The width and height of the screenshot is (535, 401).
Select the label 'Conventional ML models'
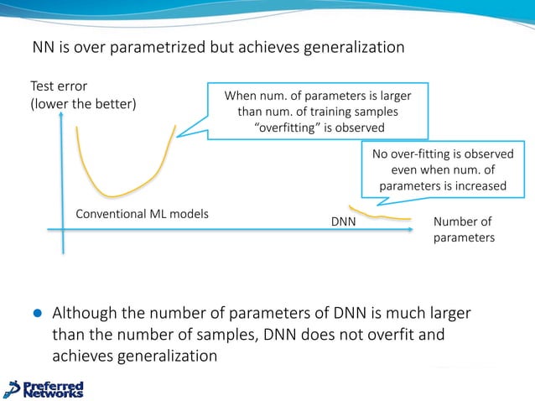[x=142, y=213]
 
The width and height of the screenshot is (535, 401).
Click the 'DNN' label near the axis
[x=343, y=222]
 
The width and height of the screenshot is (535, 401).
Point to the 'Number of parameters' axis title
[x=463, y=230]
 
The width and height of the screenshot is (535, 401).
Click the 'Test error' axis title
[x=59, y=86]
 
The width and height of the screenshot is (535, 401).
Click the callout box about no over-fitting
[x=443, y=169]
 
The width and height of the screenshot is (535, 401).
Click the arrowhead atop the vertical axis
[x=62, y=117]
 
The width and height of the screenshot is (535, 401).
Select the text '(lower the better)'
[x=83, y=103]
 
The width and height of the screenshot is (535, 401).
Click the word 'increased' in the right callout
[x=479, y=185]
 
